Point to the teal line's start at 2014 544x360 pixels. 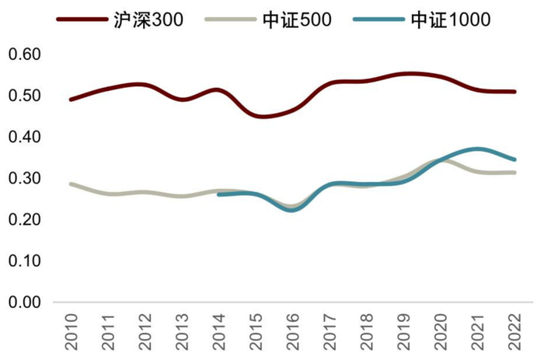[x=219, y=194]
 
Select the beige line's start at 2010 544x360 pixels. [x=71, y=184]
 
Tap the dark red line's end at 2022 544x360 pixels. [x=514, y=92]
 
